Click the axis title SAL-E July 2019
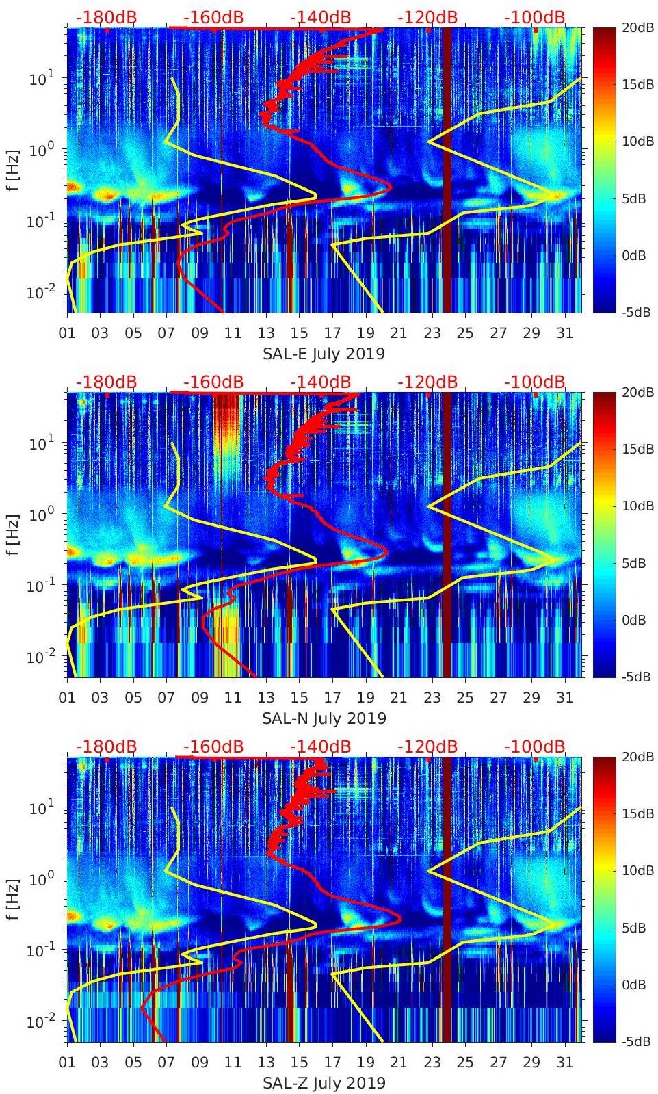coord(324,354)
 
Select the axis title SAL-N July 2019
coord(324,718)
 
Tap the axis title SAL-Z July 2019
coord(324,1083)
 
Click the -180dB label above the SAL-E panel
coord(107,17)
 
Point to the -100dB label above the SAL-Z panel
coord(535,746)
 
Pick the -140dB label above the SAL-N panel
coord(321,382)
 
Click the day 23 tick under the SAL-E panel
coord(432,333)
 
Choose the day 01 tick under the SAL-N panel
coord(67,698)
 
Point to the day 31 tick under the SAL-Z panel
coord(564,1063)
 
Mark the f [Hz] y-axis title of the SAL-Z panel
coord(13,899)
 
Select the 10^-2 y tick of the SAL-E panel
coord(39,292)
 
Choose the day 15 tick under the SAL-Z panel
coord(299,1063)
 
